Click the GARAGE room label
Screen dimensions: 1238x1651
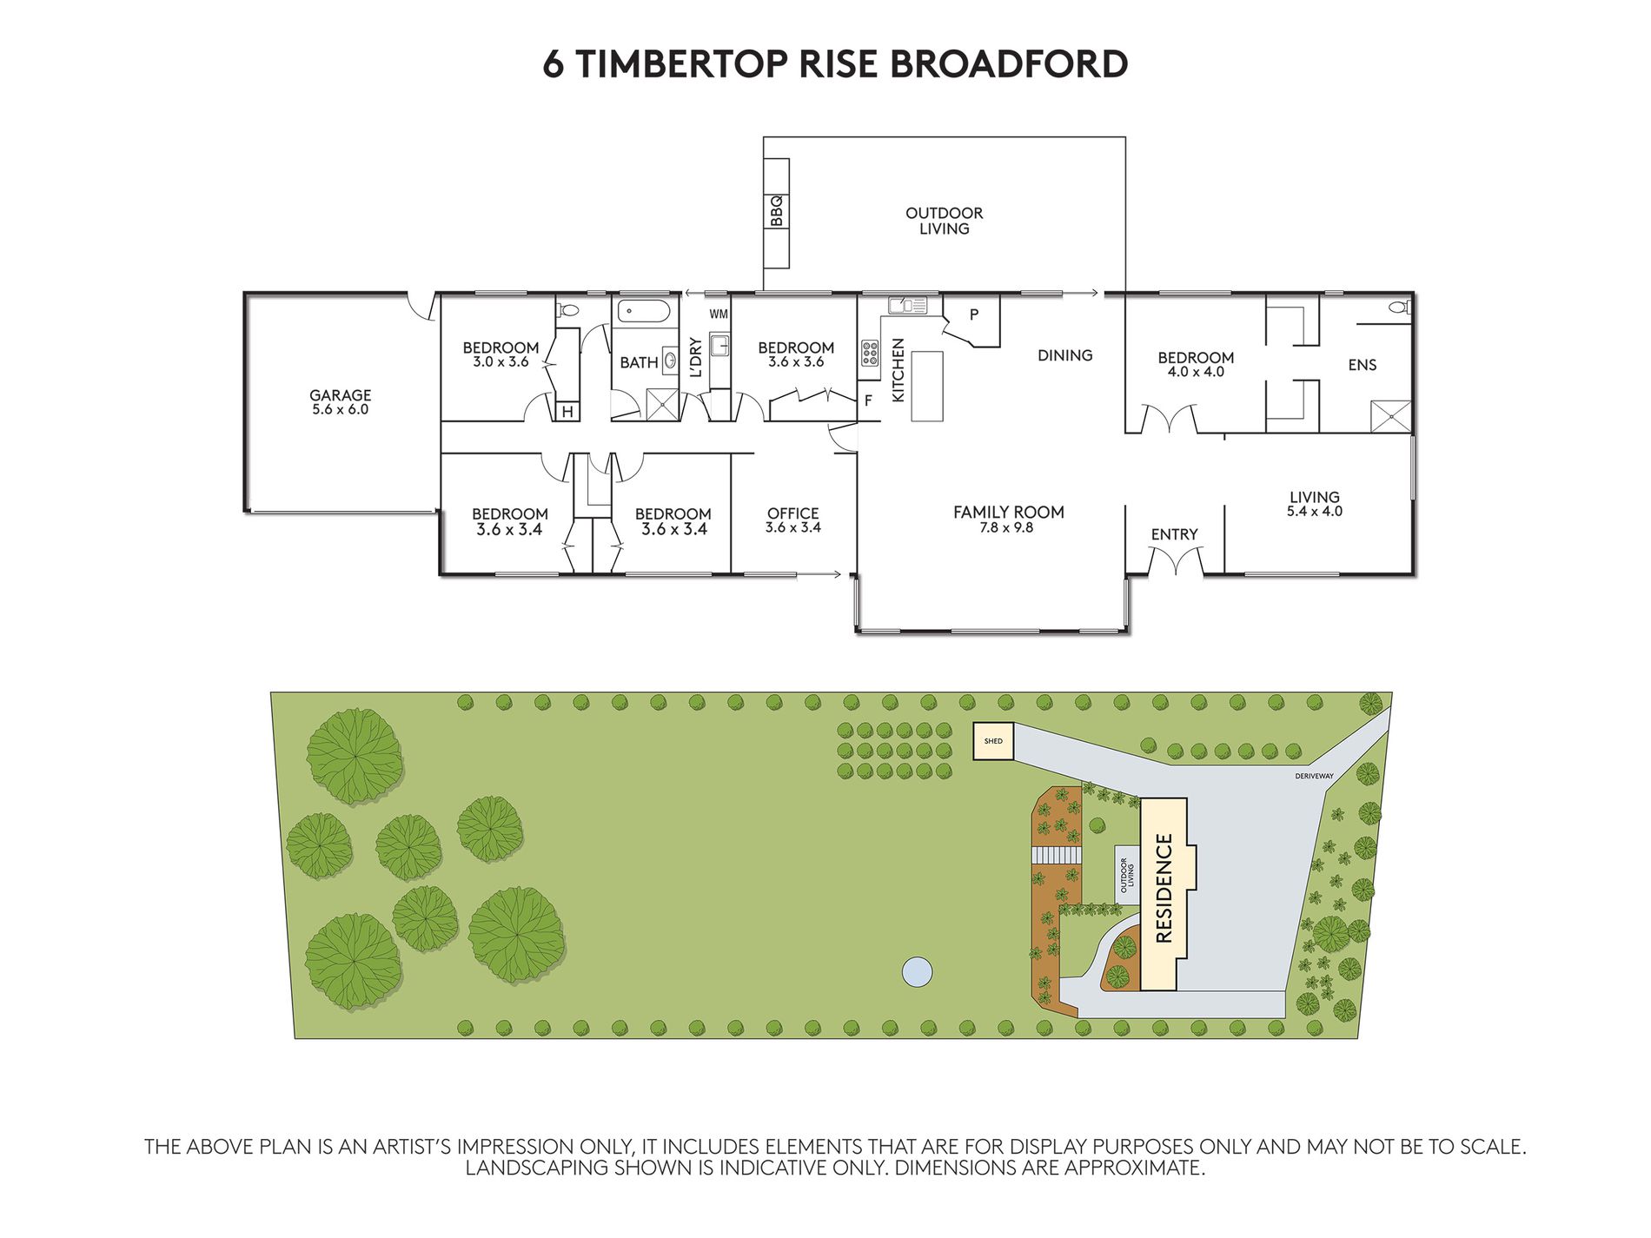coord(340,395)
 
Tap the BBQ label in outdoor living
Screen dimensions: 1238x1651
coord(777,211)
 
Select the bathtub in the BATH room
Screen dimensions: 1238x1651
coord(644,311)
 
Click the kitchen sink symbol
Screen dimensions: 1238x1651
coord(908,305)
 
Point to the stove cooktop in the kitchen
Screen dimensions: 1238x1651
coord(869,352)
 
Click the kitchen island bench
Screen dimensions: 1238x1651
coord(926,386)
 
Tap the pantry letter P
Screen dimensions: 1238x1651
coord(974,314)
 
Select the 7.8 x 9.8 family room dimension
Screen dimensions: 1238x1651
coord(1006,527)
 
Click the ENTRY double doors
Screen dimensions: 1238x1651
coord(1175,564)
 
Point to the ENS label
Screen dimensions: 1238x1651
coord(1362,365)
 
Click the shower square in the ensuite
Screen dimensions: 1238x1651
coord(1390,416)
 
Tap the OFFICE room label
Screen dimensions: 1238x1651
coord(792,513)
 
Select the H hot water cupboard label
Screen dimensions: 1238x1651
coord(567,412)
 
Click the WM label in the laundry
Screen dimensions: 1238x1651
coord(719,314)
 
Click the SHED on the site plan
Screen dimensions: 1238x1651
coord(993,741)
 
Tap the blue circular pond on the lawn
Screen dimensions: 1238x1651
coord(917,971)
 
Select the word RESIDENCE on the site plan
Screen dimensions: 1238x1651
coord(1164,888)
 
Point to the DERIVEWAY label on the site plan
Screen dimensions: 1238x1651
coord(1313,776)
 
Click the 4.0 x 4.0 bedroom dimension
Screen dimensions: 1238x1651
coord(1196,372)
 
